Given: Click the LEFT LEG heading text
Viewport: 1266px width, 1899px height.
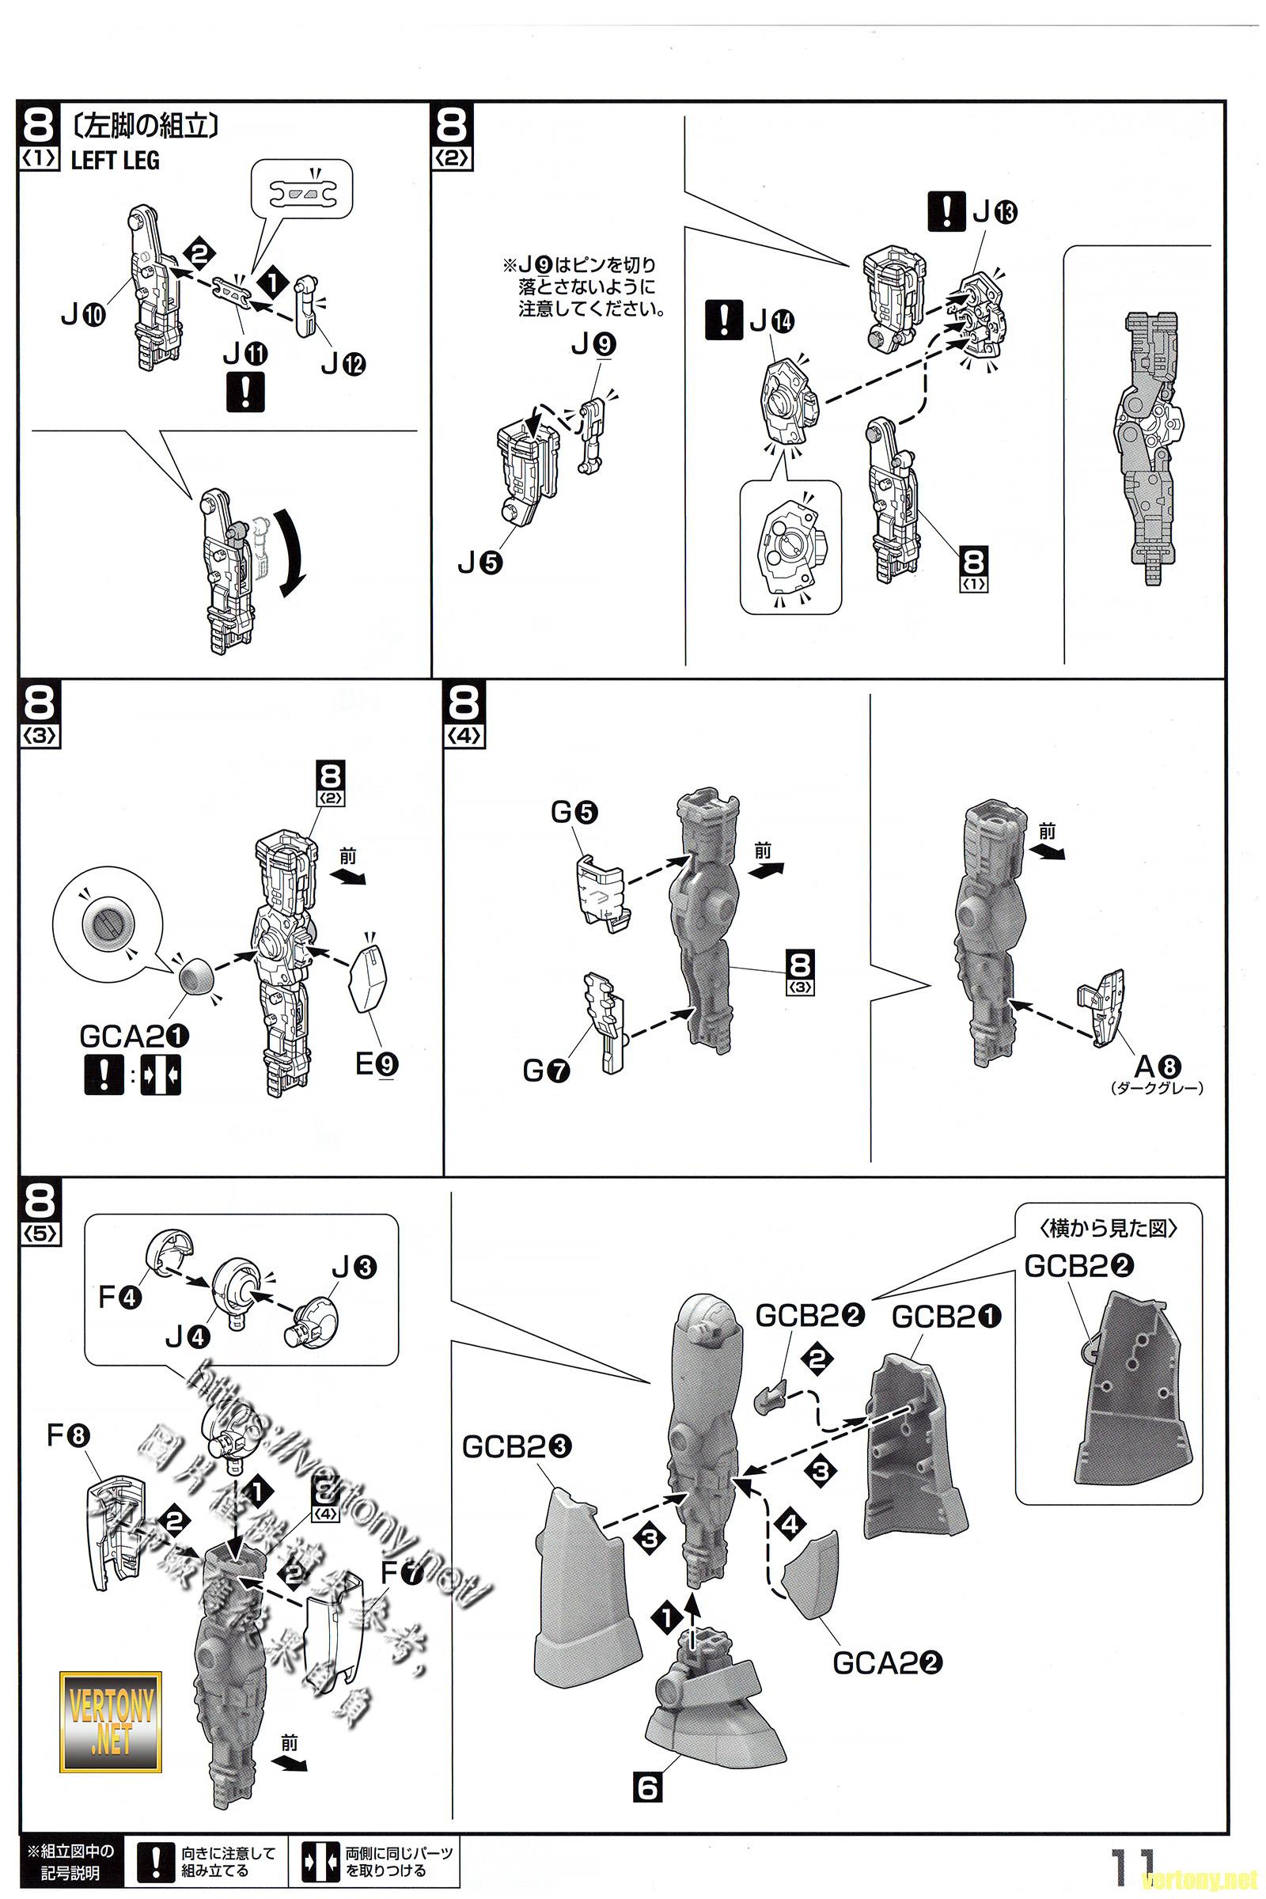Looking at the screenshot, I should [x=115, y=160].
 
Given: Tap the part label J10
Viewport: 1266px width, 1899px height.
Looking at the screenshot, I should [x=83, y=313].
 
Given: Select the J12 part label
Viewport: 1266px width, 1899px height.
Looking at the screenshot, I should [x=343, y=364].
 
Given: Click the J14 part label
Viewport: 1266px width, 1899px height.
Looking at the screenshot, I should [x=771, y=321].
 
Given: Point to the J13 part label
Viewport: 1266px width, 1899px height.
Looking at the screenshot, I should [x=995, y=211].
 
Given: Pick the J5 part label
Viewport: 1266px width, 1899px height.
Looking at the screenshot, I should [x=479, y=562].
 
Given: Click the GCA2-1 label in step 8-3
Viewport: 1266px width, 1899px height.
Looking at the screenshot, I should [x=134, y=1036].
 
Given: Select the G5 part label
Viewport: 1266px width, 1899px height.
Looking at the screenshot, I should [x=574, y=812].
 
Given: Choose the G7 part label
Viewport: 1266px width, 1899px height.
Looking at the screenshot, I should [x=547, y=1071].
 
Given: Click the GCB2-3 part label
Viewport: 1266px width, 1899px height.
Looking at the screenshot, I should [x=517, y=1446].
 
